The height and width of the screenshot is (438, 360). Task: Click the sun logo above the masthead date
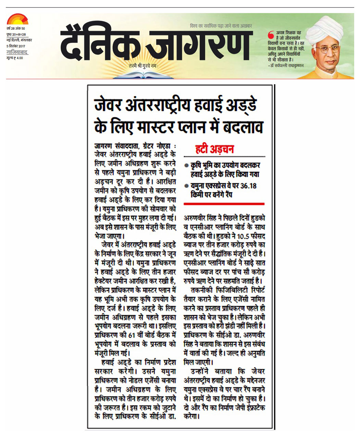(x=17, y=20)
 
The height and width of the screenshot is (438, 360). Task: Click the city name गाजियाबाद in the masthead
(x=17, y=52)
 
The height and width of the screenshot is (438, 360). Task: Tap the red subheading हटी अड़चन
(x=214, y=149)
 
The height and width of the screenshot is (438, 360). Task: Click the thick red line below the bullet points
(x=224, y=204)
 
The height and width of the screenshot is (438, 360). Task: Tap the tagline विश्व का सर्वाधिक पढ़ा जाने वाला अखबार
(x=221, y=26)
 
